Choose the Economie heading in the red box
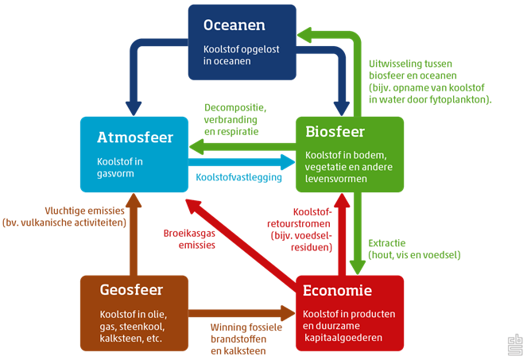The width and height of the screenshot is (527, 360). (338, 291)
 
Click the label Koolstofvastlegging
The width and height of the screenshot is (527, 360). (240, 178)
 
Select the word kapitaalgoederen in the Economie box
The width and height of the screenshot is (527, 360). (344, 338)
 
